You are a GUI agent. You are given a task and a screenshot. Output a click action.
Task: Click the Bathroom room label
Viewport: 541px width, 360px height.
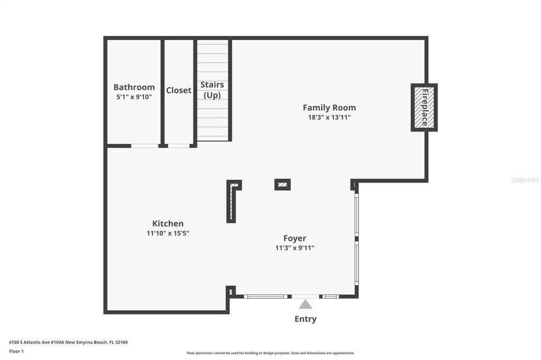pos(134,87)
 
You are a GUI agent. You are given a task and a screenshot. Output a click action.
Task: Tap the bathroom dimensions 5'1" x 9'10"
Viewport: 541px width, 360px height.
pos(134,97)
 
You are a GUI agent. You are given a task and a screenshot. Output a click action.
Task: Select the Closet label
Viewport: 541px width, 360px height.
pos(179,90)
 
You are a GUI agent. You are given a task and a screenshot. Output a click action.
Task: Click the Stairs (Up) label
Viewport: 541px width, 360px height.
pos(212,90)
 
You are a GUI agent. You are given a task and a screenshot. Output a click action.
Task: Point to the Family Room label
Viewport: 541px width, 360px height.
pos(329,108)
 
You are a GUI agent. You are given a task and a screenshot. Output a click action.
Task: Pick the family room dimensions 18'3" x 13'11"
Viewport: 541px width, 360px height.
pos(329,117)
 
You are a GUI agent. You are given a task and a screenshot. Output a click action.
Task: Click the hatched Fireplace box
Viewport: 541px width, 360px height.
pos(424,107)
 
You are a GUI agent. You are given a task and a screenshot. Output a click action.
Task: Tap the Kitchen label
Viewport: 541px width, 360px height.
pos(168,223)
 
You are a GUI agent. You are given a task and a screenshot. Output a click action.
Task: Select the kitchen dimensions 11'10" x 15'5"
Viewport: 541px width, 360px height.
pos(168,233)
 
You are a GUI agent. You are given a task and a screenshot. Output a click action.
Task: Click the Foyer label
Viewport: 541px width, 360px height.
pos(295,238)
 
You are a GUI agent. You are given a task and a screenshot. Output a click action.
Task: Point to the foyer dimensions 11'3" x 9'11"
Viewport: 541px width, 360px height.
pos(295,248)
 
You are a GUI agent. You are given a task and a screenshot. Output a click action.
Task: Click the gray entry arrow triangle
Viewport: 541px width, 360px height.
pos(305,304)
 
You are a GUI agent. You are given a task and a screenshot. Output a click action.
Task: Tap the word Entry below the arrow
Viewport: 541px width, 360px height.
pos(305,319)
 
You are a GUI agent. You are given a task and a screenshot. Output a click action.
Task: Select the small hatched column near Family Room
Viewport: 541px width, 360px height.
pos(283,185)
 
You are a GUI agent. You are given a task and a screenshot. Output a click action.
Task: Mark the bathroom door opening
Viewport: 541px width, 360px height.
pos(145,146)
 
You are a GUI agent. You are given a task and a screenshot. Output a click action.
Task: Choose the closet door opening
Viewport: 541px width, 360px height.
pos(179,146)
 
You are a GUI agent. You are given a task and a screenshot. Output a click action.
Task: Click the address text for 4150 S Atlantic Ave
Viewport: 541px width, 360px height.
pos(68,342)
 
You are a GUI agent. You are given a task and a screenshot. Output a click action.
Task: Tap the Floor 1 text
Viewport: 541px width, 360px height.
pos(16,351)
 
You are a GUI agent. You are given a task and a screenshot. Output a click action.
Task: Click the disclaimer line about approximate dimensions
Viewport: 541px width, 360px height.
pos(270,353)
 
